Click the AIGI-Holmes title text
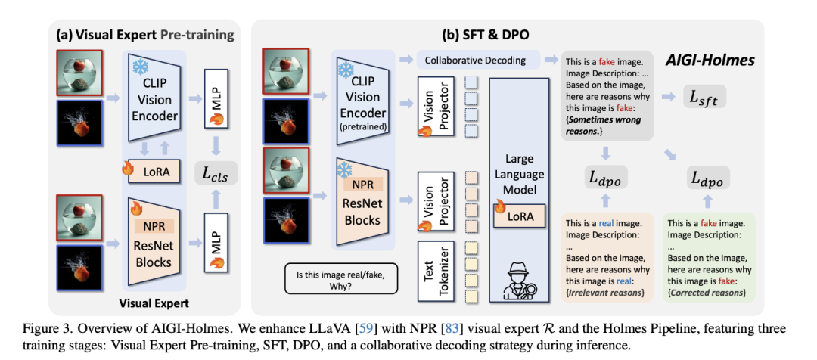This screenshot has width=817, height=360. tap(704, 60)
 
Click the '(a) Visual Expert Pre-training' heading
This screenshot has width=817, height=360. tap(145, 36)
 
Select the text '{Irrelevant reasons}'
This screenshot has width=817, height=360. tap(604, 293)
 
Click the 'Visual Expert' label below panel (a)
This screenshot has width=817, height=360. tap(154, 302)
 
